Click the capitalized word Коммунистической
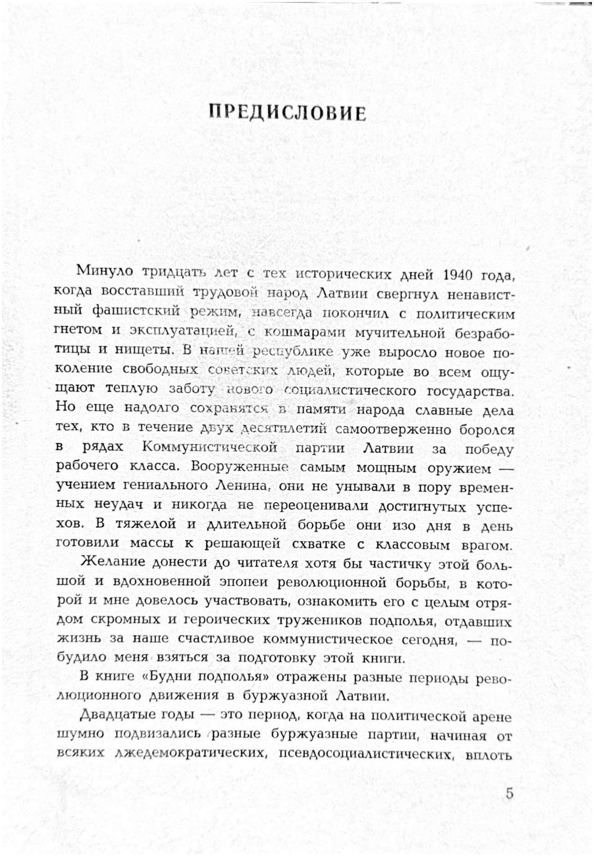(210, 447)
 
